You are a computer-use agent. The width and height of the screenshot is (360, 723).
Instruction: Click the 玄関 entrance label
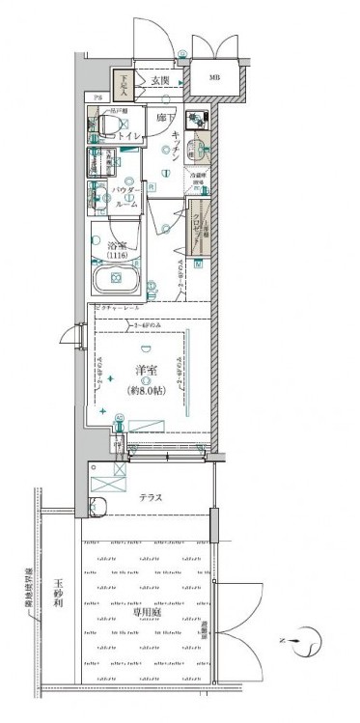[x=159, y=81]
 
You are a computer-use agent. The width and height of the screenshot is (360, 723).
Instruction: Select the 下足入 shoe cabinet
[x=125, y=87]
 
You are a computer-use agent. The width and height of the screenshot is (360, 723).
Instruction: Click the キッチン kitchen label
[x=178, y=145]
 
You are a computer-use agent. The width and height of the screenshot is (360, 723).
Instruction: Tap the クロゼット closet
[x=200, y=227]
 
